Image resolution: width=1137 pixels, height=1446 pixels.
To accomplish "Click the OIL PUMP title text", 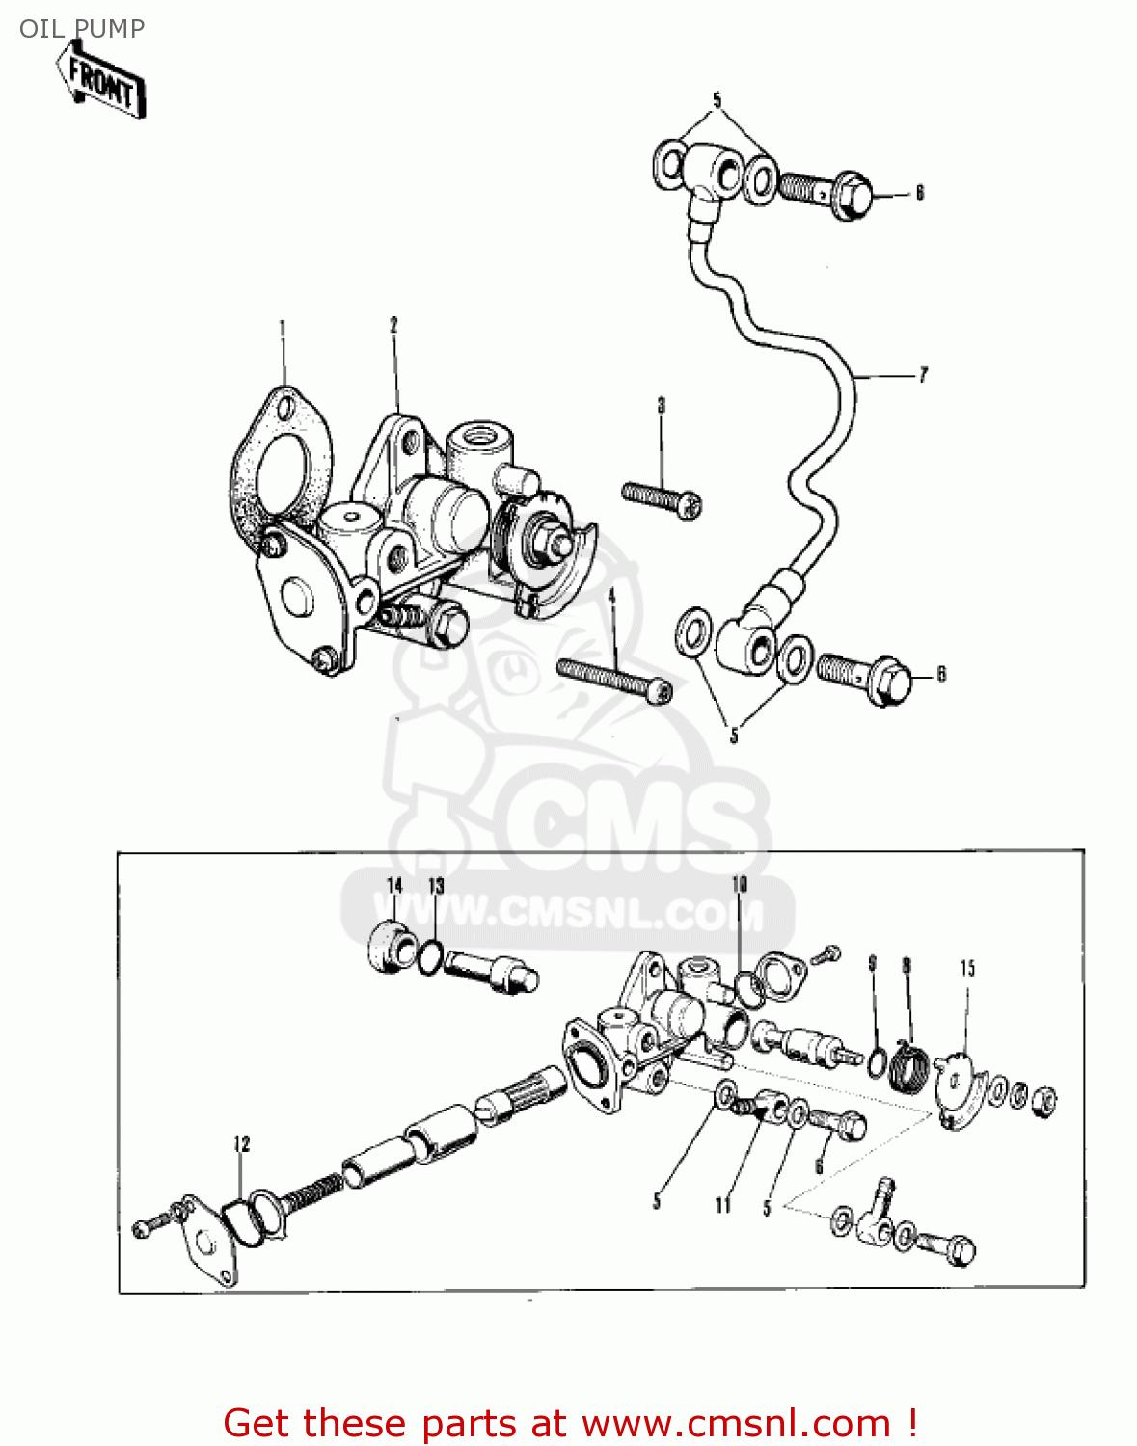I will (x=82, y=28).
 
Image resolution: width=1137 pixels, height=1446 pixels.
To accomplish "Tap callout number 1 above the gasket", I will (x=283, y=329).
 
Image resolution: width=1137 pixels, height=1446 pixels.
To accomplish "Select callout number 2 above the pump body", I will (x=393, y=326).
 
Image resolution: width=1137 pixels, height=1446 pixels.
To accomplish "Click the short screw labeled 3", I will (x=662, y=499).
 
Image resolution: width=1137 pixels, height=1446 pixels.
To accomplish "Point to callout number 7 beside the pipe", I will (x=923, y=375).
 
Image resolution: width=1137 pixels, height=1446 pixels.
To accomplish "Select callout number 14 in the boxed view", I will (x=395, y=886).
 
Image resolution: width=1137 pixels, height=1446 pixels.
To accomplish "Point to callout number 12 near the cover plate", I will (x=241, y=1143).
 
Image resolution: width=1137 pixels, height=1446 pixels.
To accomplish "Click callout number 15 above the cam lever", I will (x=967, y=968).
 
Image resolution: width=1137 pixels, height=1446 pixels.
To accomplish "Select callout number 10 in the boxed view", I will (x=740, y=884).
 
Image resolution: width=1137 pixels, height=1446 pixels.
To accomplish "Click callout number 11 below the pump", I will (x=722, y=1205).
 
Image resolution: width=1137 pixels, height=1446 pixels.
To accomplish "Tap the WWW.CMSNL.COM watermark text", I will (x=569, y=912).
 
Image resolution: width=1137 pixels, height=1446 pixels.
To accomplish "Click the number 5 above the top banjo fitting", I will (x=717, y=100).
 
